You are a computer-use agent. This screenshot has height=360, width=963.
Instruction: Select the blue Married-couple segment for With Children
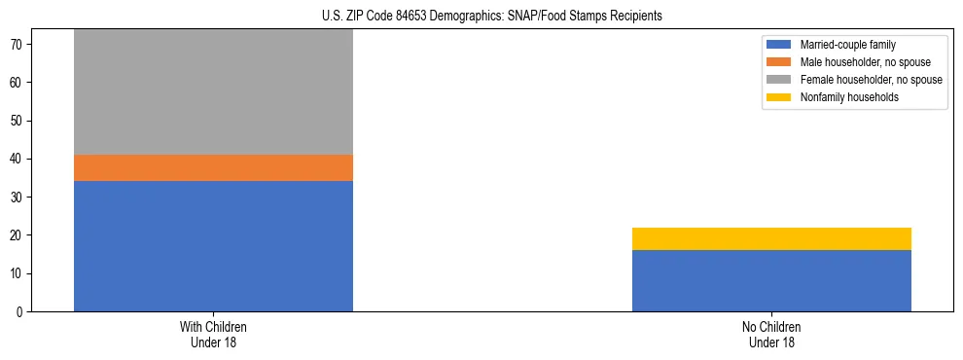[x=213, y=246]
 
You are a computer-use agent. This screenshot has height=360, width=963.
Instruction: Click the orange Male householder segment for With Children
[x=213, y=167]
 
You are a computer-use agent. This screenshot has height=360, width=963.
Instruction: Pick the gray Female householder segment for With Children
[x=213, y=92]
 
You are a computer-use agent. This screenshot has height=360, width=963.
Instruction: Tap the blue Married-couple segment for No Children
[x=771, y=280]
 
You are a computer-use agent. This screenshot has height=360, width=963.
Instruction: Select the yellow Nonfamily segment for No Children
[x=771, y=238]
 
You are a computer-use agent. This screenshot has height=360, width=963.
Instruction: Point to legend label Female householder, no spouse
[x=871, y=80]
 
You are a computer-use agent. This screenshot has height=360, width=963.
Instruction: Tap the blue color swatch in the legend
[x=780, y=45]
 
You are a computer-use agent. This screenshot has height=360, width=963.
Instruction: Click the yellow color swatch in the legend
[x=780, y=97]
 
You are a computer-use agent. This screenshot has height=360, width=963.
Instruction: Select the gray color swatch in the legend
[x=780, y=80]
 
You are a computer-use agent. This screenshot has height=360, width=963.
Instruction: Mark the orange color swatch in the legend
[x=780, y=62]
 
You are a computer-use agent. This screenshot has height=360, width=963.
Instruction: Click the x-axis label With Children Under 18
[x=213, y=335]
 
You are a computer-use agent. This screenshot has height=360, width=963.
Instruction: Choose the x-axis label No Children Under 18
[x=771, y=335]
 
